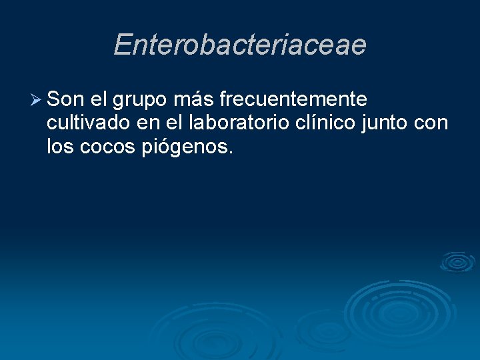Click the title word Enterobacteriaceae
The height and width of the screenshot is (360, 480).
tap(240, 45)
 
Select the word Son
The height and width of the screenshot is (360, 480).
tap(66, 100)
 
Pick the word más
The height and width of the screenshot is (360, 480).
tap(194, 100)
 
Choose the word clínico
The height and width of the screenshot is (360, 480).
tap(327, 123)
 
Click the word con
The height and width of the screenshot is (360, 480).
tap(431, 124)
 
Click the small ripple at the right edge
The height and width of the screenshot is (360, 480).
tap(457, 262)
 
